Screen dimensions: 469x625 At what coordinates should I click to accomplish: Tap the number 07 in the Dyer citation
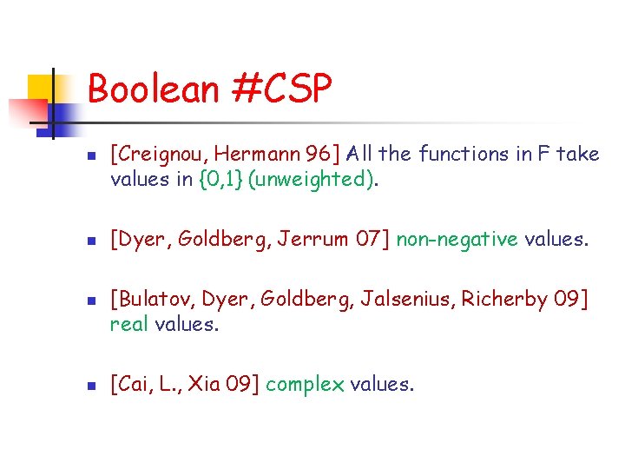click(x=369, y=240)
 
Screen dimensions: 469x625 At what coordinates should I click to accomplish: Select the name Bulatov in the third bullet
click(x=150, y=300)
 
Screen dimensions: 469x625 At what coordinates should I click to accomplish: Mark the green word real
click(x=128, y=325)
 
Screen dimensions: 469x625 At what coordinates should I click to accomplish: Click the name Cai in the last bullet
click(x=131, y=384)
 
